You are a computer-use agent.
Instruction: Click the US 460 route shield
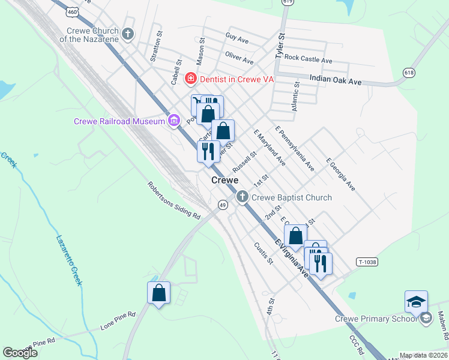[x=73, y=11]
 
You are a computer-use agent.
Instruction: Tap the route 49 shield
[x=222, y=205]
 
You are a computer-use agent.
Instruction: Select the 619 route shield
[x=288, y=2]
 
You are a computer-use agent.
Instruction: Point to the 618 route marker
[x=409, y=72]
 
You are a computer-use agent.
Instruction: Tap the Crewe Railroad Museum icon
[x=174, y=121]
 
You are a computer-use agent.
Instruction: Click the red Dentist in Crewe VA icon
[x=190, y=79]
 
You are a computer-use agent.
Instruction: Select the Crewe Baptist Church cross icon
[x=242, y=197]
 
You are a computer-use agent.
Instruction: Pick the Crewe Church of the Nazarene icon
[x=127, y=34]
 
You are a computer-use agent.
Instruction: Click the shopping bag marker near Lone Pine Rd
[x=158, y=293]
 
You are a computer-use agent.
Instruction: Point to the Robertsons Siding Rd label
[x=173, y=200]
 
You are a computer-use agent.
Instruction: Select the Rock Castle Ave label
[x=308, y=59]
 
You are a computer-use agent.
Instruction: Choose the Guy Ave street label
[x=237, y=39]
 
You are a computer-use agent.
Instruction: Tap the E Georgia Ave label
[x=340, y=175]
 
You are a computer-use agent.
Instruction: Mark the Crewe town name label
[x=224, y=180]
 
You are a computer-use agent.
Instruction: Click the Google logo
[x=20, y=353]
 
